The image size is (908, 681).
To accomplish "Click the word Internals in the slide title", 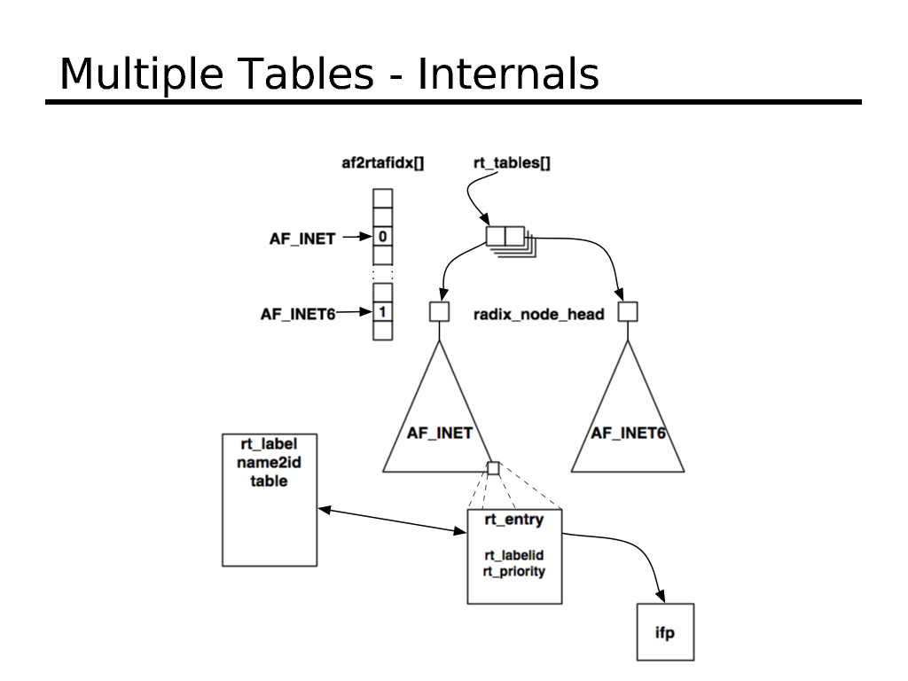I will [x=508, y=74].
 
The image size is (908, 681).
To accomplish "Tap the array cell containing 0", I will [x=382, y=237].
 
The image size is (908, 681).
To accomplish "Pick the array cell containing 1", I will [x=382, y=312].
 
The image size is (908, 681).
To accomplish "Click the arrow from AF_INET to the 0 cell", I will [x=356, y=238].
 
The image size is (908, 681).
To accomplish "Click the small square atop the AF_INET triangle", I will [x=439, y=312].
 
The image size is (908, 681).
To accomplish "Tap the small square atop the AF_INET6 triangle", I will [x=628, y=312].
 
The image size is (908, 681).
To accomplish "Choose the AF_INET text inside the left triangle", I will [x=439, y=434].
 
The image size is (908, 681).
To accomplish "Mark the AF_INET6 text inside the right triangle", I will [x=629, y=434].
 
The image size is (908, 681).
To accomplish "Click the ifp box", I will [x=665, y=632].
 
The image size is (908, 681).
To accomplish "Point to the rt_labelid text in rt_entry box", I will [x=513, y=556].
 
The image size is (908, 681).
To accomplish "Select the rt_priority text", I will [x=513, y=572].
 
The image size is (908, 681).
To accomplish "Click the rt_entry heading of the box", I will [x=513, y=519].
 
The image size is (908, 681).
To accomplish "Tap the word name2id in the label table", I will [x=269, y=463].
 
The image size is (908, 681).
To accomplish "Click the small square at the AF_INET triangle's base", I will [x=493, y=468].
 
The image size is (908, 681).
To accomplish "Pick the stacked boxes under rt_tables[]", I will [x=506, y=239].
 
